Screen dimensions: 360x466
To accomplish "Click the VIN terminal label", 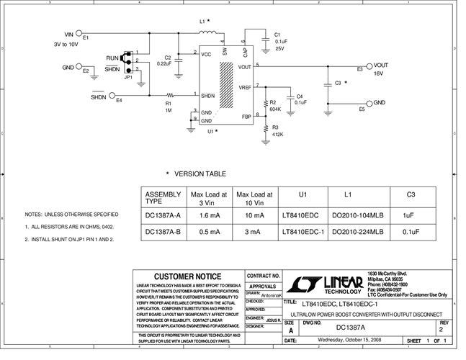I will click(x=69, y=34).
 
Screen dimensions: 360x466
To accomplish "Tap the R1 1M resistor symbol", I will click(x=171, y=95).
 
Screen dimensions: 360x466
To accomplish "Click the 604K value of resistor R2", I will click(x=275, y=109).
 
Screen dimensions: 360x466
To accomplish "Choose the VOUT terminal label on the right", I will click(x=381, y=65).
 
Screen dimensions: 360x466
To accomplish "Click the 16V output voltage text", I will click(x=379, y=73).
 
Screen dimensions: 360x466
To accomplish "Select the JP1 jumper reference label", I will click(x=128, y=76).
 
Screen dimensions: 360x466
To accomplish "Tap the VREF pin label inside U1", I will click(x=245, y=87).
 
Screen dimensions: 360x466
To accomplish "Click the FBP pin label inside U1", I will click(x=246, y=115).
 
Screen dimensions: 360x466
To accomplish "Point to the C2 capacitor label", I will click(x=167, y=58).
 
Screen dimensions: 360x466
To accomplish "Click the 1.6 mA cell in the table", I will click(x=208, y=215).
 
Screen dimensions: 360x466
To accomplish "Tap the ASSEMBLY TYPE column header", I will click(x=163, y=198).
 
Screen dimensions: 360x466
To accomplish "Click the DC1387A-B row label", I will click(x=163, y=232).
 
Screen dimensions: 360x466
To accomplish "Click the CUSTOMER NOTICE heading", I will click(x=188, y=276).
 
